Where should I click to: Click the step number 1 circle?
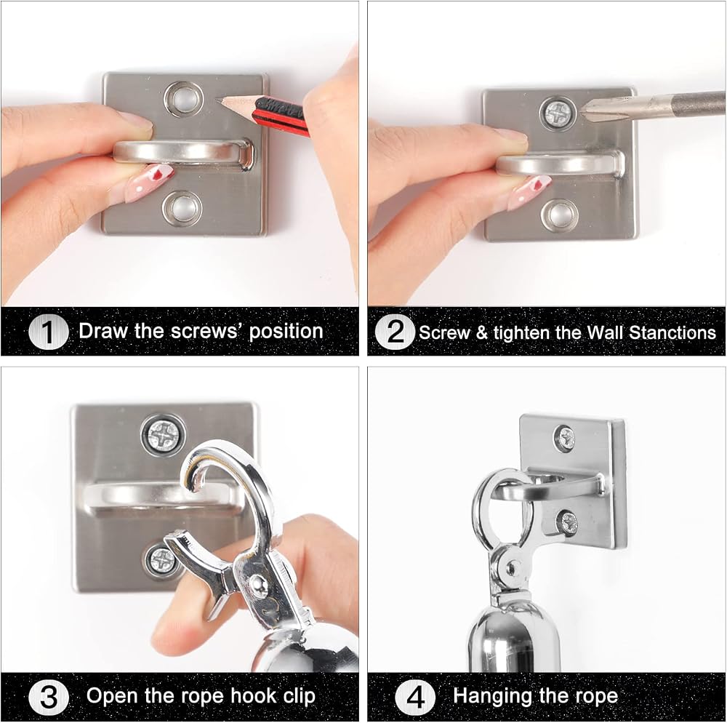[x=48, y=332]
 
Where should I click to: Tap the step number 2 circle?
[x=395, y=332]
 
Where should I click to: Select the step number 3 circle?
[x=48, y=697]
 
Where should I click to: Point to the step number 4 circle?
[x=415, y=697]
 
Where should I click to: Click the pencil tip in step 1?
[x=217, y=99]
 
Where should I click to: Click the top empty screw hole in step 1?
[x=184, y=99]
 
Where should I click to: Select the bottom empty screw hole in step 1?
[x=182, y=209]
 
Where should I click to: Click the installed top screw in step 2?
[x=558, y=113]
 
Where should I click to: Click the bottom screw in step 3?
[x=161, y=561]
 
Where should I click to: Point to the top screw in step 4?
[x=565, y=439]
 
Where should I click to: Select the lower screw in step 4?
[x=568, y=523]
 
